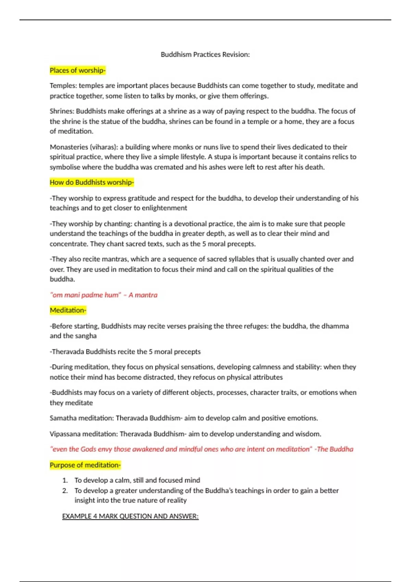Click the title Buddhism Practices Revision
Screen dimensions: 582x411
tap(205, 54)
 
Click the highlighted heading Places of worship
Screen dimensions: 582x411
tap(77, 71)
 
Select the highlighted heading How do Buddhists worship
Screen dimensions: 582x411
tap(91, 182)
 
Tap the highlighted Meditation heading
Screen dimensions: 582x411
tap(68, 311)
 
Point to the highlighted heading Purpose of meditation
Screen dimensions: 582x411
tap(85, 465)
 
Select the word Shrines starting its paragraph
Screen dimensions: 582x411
tap(62, 111)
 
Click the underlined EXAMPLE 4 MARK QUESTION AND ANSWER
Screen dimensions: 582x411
tap(130, 516)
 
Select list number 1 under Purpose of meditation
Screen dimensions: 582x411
tap(65, 480)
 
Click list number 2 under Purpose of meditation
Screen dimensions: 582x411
tap(65, 491)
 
